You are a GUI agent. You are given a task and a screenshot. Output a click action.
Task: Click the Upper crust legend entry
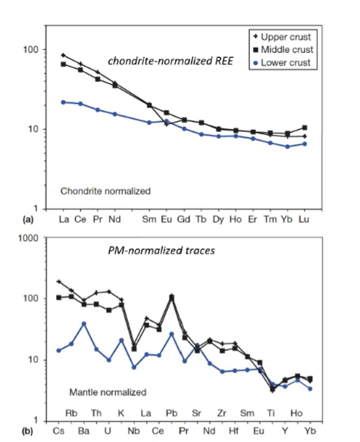click(280, 37)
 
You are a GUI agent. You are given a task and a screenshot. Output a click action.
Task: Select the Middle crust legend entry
click(280, 50)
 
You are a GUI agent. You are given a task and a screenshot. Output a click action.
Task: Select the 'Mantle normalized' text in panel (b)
click(108, 392)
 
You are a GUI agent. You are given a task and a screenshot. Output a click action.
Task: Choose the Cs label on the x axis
click(59, 431)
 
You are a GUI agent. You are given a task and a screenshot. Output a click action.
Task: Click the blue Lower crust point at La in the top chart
click(63, 102)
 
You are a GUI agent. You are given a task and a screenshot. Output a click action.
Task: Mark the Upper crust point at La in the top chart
click(63, 55)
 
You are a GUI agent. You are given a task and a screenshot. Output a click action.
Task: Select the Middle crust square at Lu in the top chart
click(304, 127)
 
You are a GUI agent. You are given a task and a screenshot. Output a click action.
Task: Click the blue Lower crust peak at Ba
click(84, 324)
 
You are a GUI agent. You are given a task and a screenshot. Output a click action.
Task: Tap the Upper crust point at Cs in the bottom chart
click(59, 282)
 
